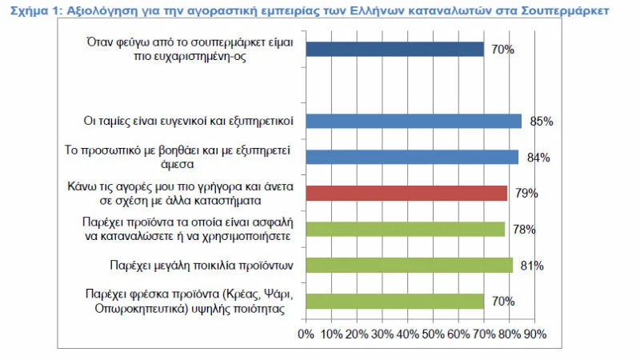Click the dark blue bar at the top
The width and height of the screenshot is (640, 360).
[x=394, y=50]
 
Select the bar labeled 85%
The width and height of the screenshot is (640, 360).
[x=413, y=121]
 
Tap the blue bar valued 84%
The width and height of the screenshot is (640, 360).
[x=411, y=157]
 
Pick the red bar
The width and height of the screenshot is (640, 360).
[x=406, y=193]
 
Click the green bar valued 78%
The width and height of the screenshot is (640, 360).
[x=405, y=229]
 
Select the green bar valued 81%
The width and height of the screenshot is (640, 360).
[x=409, y=265]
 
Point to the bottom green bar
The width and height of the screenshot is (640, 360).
[x=394, y=301]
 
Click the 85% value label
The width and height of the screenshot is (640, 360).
[x=542, y=122]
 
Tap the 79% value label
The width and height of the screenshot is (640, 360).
[x=527, y=194]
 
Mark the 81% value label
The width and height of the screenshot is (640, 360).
[x=532, y=266]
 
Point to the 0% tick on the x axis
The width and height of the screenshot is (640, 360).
[x=306, y=333]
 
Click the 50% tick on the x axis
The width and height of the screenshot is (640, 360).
[x=433, y=333]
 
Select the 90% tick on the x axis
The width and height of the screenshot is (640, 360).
[x=534, y=333]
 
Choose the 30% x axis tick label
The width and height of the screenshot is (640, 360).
[x=382, y=333]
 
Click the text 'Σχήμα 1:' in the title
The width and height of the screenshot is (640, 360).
[x=29, y=11]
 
